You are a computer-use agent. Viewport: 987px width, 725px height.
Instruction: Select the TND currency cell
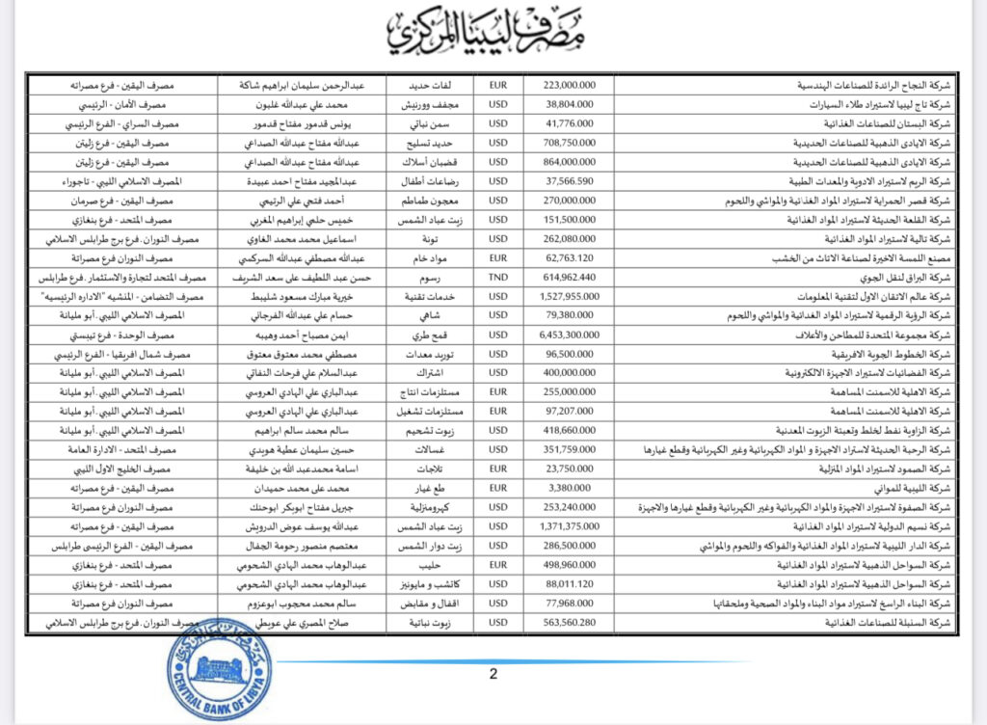pyautogui.click(x=499, y=275)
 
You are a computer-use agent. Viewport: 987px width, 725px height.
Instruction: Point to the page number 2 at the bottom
pyautogui.click(x=493, y=674)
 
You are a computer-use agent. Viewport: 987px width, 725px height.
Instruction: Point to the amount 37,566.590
pyautogui.click(x=571, y=180)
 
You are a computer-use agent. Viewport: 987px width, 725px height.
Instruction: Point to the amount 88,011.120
pyautogui.click(x=571, y=584)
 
